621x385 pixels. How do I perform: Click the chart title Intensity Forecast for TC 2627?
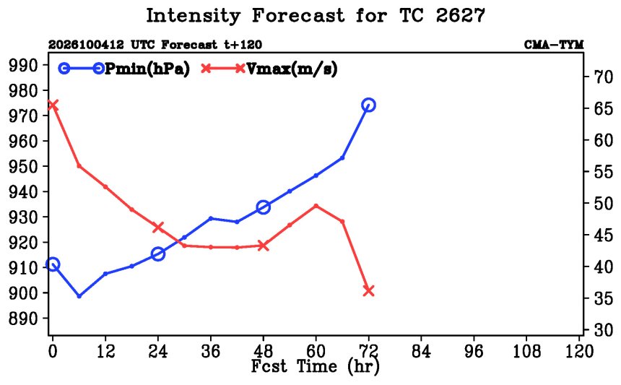point(316,16)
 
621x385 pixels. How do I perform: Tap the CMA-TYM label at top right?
point(554,45)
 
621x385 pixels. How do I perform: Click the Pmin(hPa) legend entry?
point(124,69)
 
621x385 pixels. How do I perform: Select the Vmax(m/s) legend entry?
point(269,69)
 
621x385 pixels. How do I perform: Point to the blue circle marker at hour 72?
point(369,105)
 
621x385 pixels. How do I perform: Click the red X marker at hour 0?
point(53,105)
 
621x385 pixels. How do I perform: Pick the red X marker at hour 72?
point(369,291)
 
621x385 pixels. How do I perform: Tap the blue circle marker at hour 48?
point(264,207)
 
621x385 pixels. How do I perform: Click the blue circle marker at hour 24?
point(158,254)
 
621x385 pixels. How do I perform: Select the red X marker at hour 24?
point(158,228)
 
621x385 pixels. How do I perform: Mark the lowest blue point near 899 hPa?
point(79,296)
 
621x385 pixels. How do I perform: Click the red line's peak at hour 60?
point(316,206)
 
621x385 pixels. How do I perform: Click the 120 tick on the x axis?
point(579,351)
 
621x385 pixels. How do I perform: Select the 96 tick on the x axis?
point(474,351)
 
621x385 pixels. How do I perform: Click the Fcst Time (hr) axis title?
point(316,366)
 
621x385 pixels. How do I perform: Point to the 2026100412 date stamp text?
point(86,45)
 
